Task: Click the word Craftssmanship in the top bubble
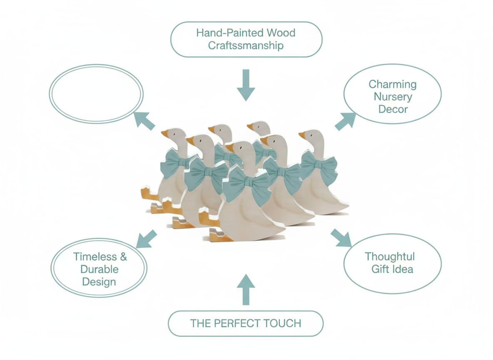tap(246, 46)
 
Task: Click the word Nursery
tap(393, 97)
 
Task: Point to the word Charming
tap(393, 84)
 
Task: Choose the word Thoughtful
tap(390, 257)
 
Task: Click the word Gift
tap(378, 269)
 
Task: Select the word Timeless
tap(95, 257)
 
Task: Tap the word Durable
tap(100, 269)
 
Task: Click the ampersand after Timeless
tap(123, 257)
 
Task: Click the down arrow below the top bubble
tap(246, 85)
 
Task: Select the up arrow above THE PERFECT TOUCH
tap(246, 290)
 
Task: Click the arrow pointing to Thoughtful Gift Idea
tap(341, 238)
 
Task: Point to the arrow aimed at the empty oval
tap(144, 121)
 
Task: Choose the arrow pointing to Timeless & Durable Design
tap(146, 239)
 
